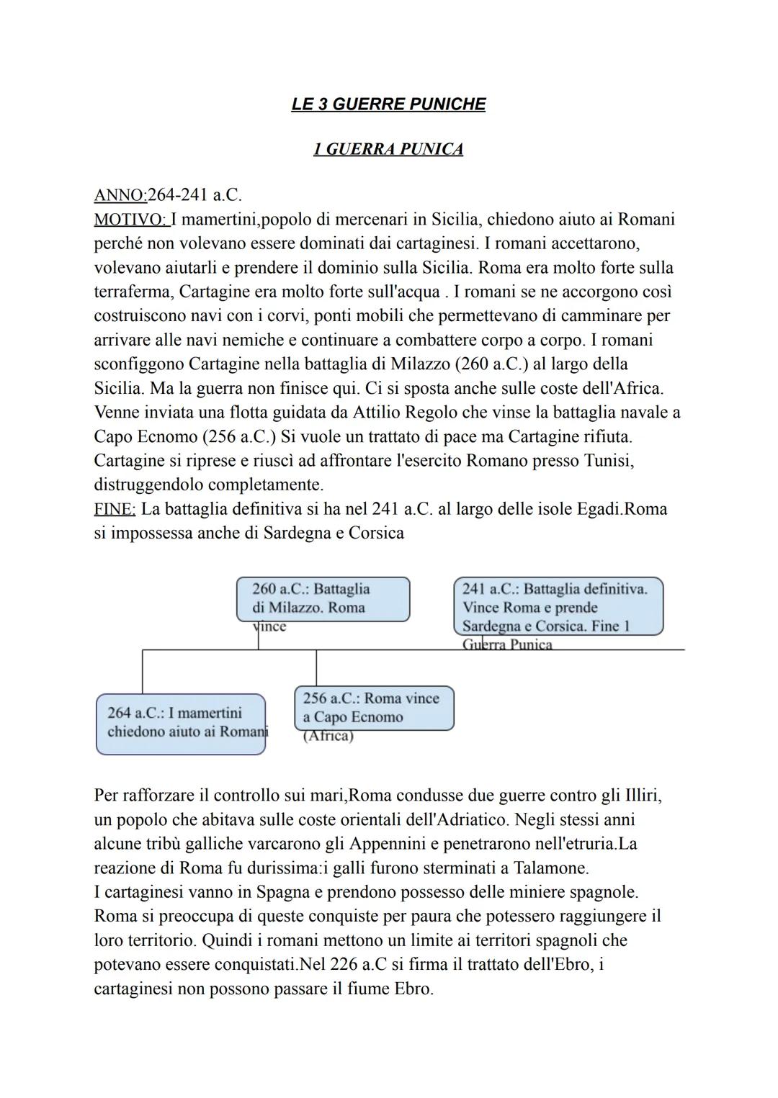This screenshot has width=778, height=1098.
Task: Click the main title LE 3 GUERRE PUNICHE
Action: (x=388, y=104)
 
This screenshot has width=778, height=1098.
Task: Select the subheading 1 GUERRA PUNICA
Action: (x=388, y=149)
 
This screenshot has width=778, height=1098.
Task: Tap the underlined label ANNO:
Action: (x=120, y=195)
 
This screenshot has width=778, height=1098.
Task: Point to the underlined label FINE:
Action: (x=115, y=509)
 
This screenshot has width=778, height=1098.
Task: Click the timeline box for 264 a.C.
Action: (x=181, y=724)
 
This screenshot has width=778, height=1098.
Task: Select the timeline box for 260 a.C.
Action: (x=323, y=599)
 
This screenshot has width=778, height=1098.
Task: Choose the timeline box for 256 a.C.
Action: (x=374, y=708)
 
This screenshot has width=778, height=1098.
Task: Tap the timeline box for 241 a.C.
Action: (x=558, y=606)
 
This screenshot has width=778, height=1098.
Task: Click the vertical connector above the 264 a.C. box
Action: (x=143, y=671)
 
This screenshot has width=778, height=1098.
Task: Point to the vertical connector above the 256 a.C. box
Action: (x=316, y=667)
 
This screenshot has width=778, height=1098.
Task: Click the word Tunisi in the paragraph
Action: (x=607, y=460)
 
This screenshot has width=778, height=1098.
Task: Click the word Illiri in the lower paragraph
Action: (x=638, y=796)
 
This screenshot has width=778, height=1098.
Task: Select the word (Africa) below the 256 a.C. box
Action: (x=328, y=737)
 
